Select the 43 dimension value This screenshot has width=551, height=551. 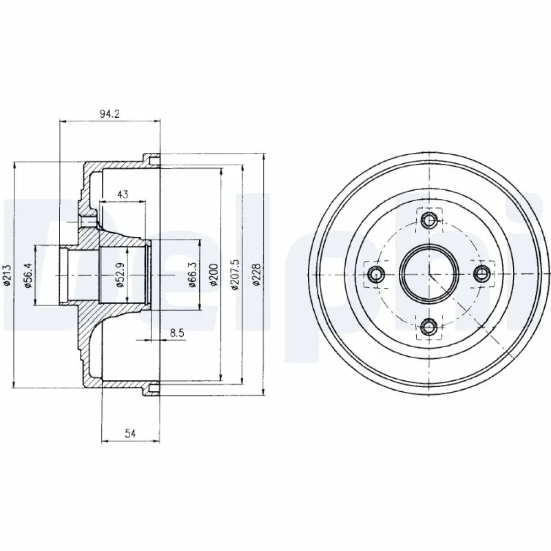[x=123, y=194]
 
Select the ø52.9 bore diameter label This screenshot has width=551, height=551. [x=118, y=275]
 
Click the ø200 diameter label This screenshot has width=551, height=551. [x=214, y=275]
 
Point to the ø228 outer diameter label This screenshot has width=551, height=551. [x=257, y=275]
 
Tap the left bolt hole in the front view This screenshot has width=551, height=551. [x=376, y=274]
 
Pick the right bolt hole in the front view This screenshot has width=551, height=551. [x=482, y=274]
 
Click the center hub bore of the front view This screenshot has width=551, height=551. [x=429, y=274]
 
